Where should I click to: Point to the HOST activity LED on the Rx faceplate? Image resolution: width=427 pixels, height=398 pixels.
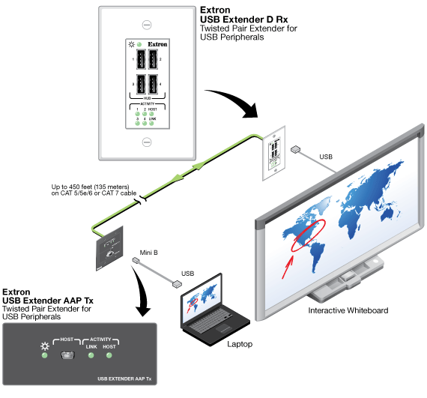(x=152, y=115)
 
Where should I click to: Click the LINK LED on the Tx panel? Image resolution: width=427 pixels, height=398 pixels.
(x=91, y=355)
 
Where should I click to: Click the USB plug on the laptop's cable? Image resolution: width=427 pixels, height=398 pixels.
(x=176, y=285)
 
